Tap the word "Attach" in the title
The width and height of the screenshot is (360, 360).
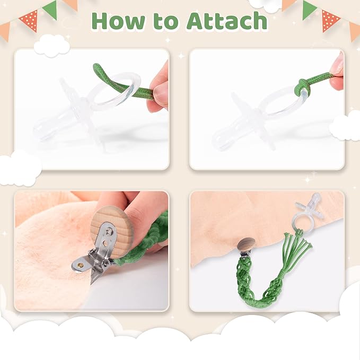tap(227, 21)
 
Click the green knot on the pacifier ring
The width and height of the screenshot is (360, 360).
tap(303, 86)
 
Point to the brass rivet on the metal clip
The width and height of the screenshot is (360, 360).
tap(81, 266)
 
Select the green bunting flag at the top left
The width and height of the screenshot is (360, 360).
tap(50, 10)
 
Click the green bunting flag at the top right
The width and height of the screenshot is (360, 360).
tap(310, 10)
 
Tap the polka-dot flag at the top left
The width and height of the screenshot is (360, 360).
tap(29, 20)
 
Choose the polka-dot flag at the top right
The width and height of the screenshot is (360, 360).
tap(330, 20)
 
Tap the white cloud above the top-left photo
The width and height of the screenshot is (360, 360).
tap(52, 46)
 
